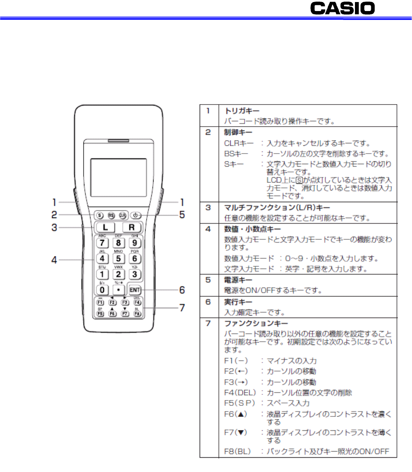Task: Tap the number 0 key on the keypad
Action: tap(102, 289)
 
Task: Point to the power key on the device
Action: tap(135, 214)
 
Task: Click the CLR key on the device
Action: tap(122, 214)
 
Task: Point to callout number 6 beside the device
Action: tap(182, 290)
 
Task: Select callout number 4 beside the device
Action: tap(53, 259)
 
